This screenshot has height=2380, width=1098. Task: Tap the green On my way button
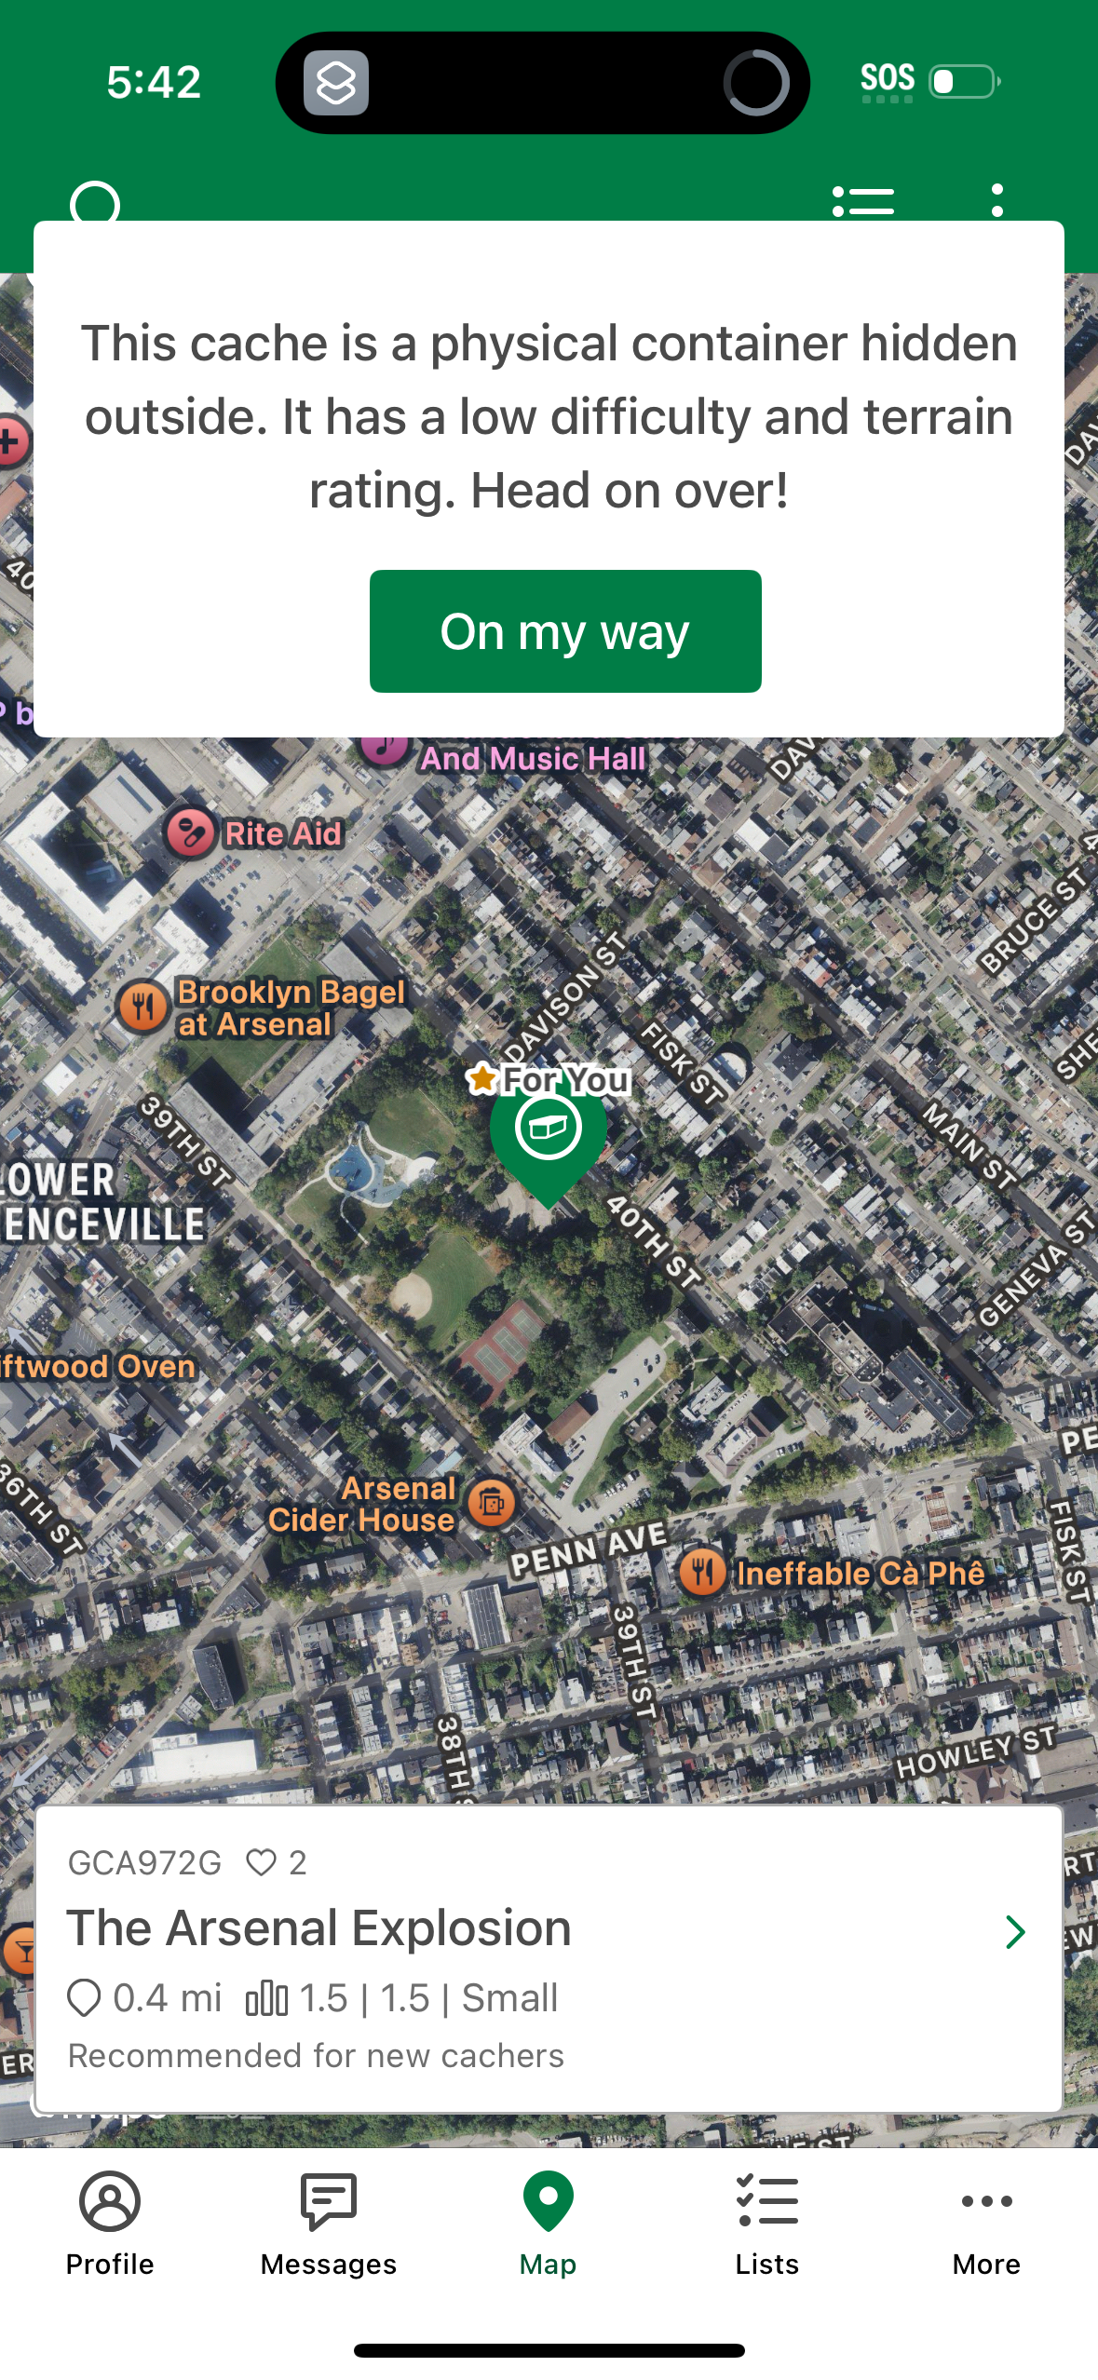pyautogui.click(x=565, y=631)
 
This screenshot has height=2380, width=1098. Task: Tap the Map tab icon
pyautogui.click(x=549, y=2203)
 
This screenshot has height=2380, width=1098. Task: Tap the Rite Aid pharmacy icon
pyautogui.click(x=191, y=832)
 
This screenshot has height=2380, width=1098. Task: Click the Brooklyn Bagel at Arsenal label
pyautogui.click(x=291, y=1008)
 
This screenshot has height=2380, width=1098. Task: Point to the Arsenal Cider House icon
pyautogui.click(x=493, y=1502)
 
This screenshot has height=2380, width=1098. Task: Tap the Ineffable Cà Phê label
pyautogui.click(x=861, y=1574)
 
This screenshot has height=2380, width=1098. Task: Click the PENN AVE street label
pyautogui.click(x=588, y=1549)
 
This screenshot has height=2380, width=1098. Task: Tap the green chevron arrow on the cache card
pyautogui.click(x=1014, y=1932)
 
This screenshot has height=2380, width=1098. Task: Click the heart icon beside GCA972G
pyautogui.click(x=262, y=1862)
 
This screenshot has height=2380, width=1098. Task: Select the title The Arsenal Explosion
pyautogui.click(x=319, y=1928)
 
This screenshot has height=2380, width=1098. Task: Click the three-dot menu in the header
pyautogui.click(x=997, y=201)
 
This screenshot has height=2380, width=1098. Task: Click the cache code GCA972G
pyautogui.click(x=144, y=1862)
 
